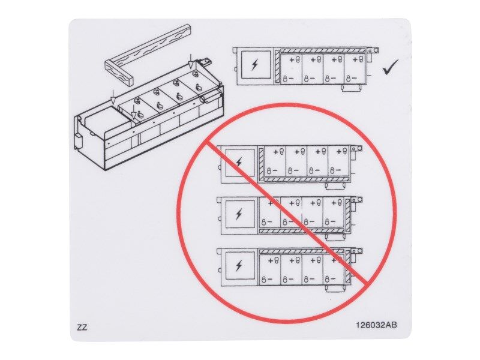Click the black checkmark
[x=391, y=68]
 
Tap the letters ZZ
[x=82, y=328]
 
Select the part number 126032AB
[x=376, y=326]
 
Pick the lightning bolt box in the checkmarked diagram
[x=254, y=65]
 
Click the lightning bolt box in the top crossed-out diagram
[x=239, y=163]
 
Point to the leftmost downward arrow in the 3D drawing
[x=112, y=97]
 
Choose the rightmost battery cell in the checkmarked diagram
[x=355, y=69]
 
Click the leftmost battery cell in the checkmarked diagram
[x=292, y=69]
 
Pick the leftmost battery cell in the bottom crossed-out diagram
[x=271, y=269]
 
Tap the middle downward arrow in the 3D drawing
[x=134, y=112]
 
